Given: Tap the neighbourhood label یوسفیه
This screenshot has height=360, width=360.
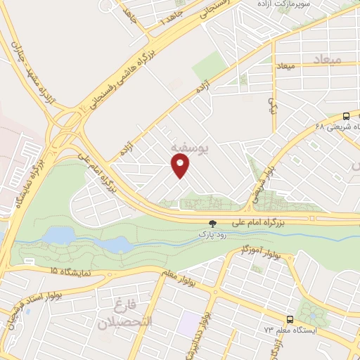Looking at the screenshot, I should point(188,148).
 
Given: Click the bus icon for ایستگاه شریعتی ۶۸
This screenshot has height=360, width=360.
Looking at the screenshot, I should point(346,117).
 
